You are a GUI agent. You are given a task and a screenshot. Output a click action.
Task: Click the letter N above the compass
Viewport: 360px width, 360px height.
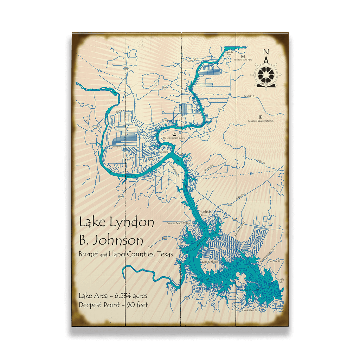tap(266, 52)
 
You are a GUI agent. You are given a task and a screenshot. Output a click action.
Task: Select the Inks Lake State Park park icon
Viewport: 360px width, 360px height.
tap(243, 56)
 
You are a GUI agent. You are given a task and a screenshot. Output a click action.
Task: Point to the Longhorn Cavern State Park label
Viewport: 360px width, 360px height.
tap(261, 121)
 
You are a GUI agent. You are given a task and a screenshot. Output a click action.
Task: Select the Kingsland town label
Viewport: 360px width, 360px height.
tap(163, 152)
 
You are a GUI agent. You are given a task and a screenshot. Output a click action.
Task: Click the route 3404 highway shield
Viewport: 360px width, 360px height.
tap(95, 126)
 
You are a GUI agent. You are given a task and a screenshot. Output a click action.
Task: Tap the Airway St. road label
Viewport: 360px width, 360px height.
tap(116, 147)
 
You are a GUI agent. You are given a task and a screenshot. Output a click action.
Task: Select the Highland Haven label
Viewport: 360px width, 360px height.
tap(205, 214)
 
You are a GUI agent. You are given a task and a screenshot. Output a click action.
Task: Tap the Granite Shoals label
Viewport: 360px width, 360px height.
tap(210, 262)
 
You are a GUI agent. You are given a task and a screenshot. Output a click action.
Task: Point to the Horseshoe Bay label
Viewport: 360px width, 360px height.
tap(250, 311)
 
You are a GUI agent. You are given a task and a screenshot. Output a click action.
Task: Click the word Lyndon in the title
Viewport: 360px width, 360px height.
tap(131, 223)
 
